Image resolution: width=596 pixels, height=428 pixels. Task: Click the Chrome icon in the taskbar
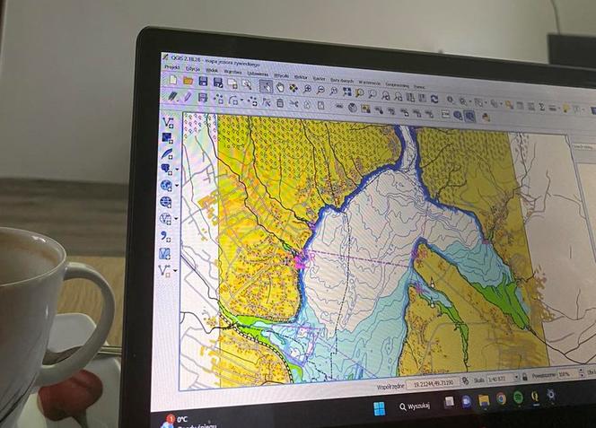[x=501, y=398]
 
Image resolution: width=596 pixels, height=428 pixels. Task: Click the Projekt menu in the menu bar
[x=171, y=67]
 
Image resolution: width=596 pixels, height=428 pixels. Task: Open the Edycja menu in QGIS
[x=192, y=68]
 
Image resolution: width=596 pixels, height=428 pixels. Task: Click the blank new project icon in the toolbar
[x=171, y=79]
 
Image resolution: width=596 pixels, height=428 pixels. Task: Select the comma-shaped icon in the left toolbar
[x=165, y=236]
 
